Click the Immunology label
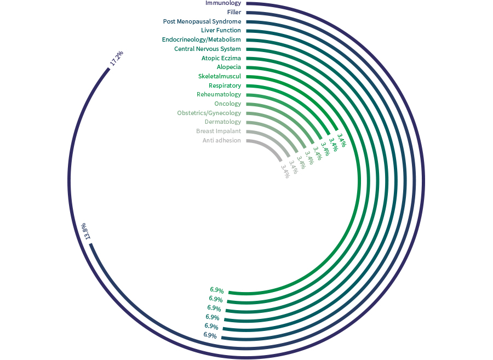223,3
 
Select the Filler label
234,12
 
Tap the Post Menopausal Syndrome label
202,21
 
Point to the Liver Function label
221,31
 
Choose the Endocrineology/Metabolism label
201,39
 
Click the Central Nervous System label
207,49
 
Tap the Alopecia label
228,67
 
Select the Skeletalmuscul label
219,76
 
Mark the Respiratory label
225,85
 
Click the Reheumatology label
219,94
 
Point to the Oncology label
227,104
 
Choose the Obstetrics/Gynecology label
209,113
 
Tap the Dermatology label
222,122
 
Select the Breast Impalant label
218,132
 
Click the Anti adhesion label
221,141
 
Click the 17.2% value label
116,58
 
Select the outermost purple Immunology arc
423,181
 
